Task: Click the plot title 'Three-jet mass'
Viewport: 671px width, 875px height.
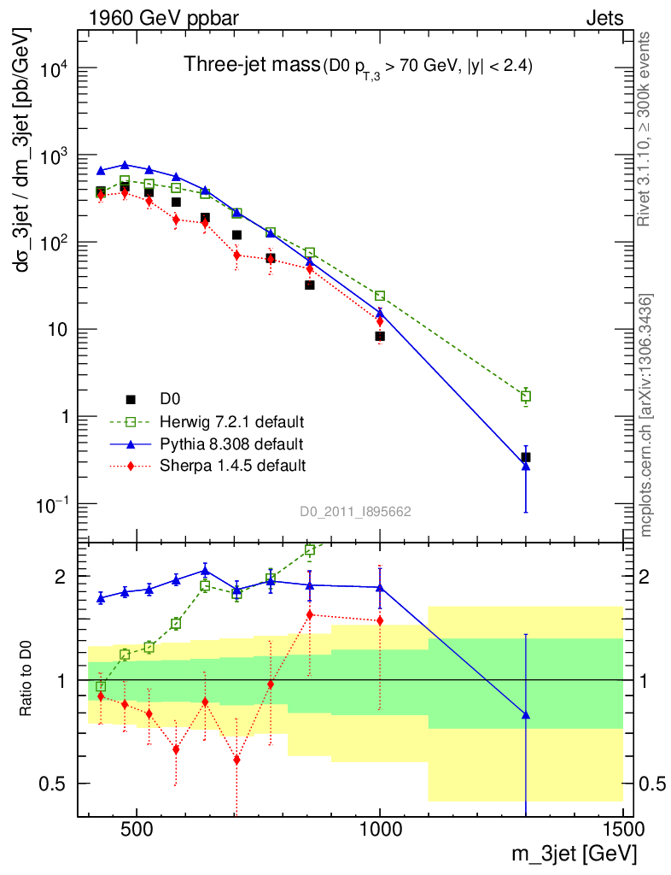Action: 251,65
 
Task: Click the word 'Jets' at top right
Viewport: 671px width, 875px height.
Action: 604,17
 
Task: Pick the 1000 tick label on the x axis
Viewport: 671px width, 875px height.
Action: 380,831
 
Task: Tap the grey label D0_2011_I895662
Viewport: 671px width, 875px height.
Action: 355,512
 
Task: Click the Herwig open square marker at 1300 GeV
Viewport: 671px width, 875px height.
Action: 526,396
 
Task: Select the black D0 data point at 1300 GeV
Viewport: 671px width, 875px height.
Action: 526,457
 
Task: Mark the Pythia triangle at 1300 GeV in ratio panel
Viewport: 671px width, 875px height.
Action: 526,714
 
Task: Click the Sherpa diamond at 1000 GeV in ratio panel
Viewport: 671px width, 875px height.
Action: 380,620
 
